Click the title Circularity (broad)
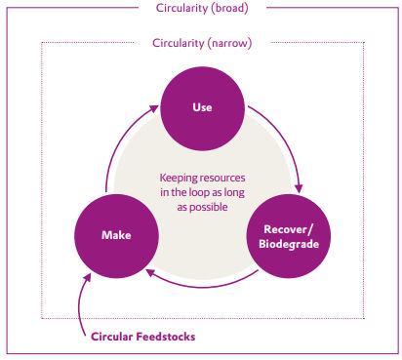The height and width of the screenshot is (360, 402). [x=201, y=9]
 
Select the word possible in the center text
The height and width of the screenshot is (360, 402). [x=202, y=207]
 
